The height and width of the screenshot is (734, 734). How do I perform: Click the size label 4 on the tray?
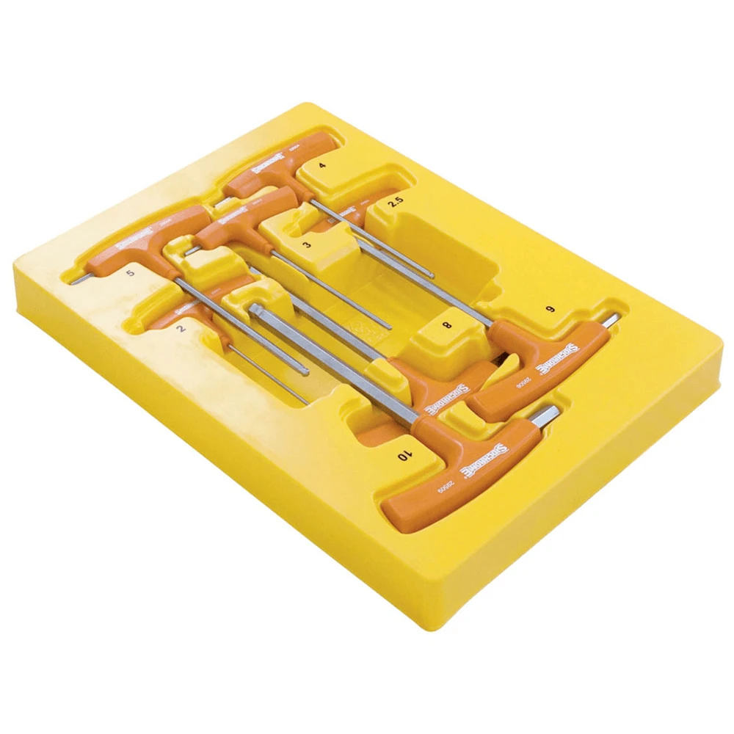point(322,166)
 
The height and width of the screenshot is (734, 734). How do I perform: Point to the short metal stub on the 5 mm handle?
point(79,280)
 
